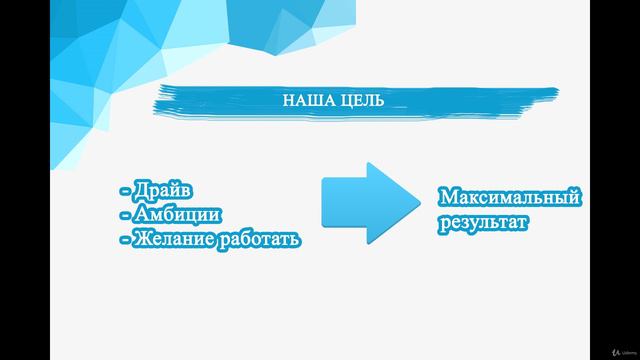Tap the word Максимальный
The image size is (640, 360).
click(509, 198)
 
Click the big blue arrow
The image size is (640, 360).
click(365, 203)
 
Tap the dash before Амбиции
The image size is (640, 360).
click(123, 215)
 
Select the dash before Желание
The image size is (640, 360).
click(123, 240)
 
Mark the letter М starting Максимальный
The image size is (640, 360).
click(446, 198)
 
